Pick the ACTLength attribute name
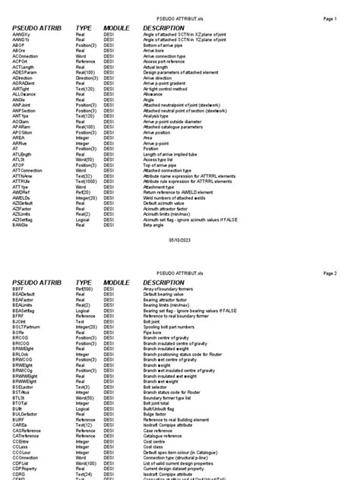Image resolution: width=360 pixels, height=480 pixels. coord(24,65)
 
